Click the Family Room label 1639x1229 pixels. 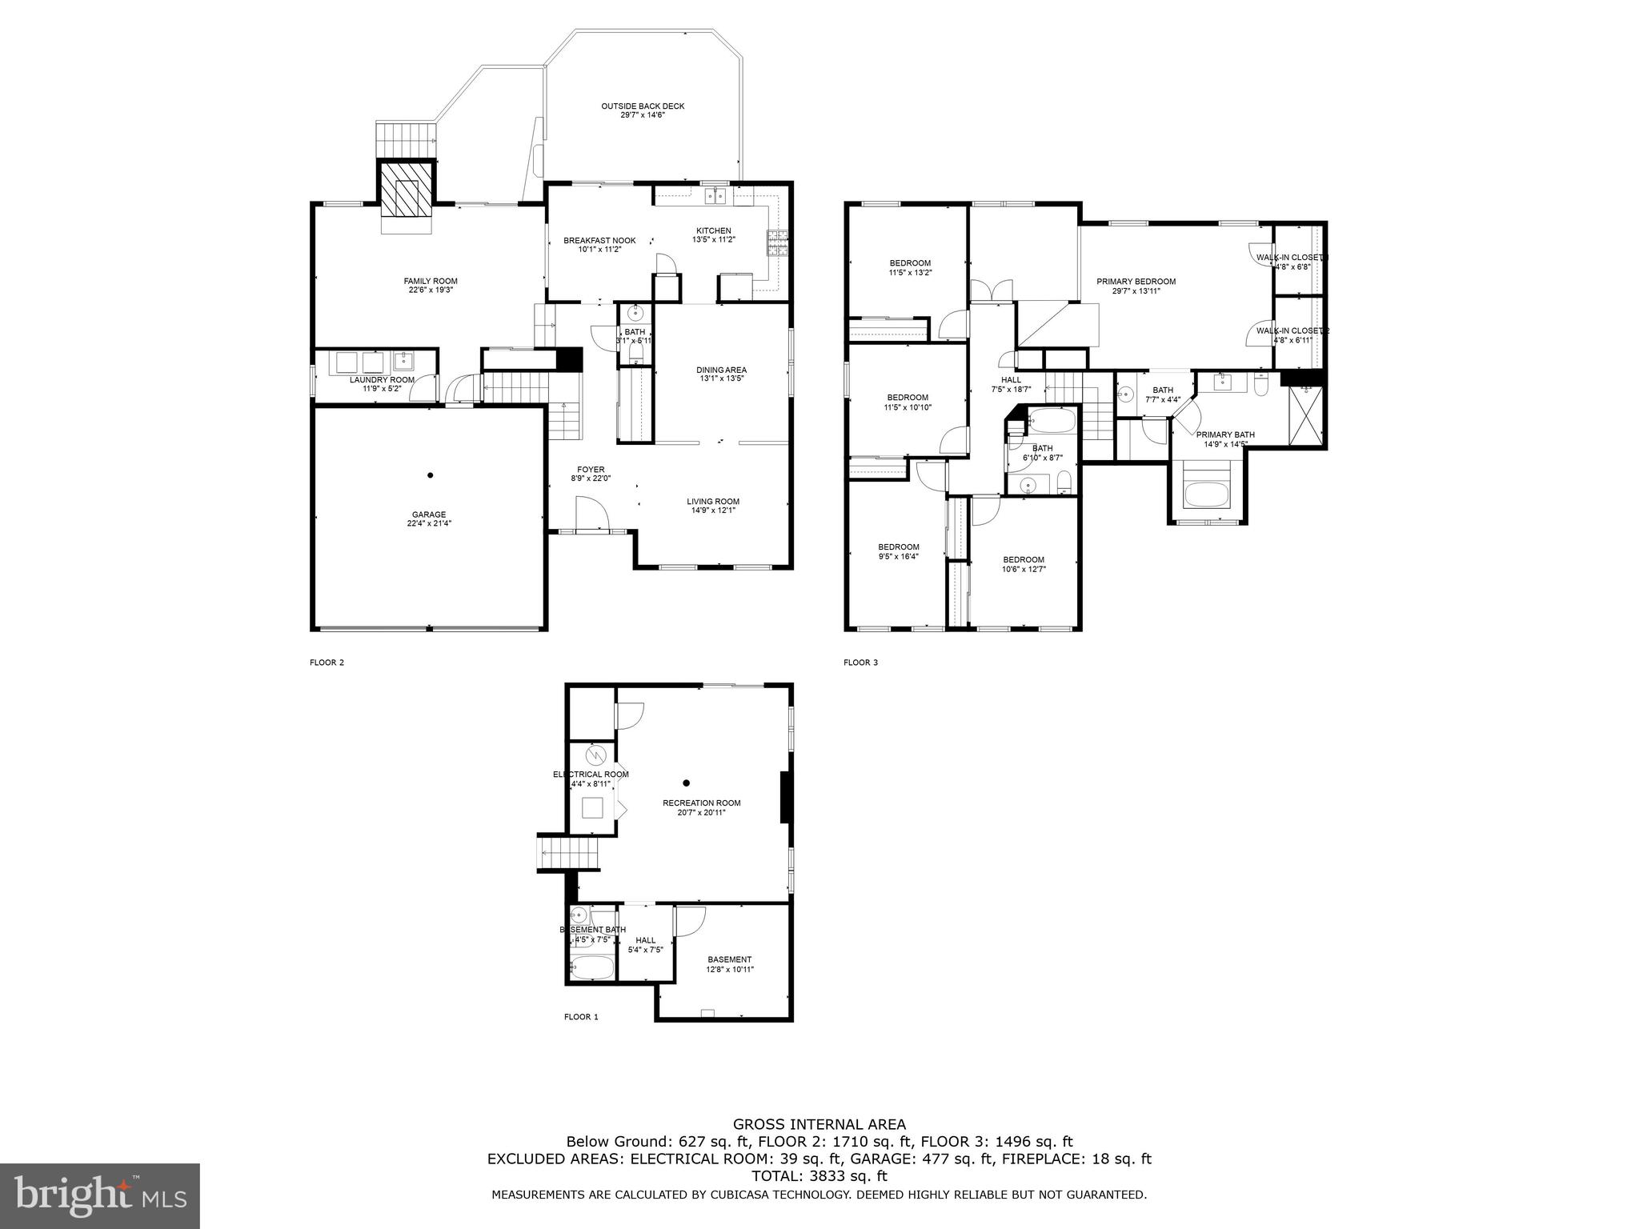[430, 281]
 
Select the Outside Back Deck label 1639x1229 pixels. [643, 106]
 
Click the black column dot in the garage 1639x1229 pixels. [431, 475]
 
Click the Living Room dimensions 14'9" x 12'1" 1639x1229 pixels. [712, 510]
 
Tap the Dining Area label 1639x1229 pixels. [721, 370]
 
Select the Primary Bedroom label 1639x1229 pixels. [1136, 282]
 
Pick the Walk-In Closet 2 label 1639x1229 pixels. [1292, 330]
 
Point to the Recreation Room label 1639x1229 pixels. [701, 803]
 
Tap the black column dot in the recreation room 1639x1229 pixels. [686, 783]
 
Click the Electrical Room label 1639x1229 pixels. [591, 775]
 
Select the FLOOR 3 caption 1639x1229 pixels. [860, 663]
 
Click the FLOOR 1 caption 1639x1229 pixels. [581, 1017]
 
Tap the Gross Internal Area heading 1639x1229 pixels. [819, 1124]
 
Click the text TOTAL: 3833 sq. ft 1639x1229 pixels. [819, 1175]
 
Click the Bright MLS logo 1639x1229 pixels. [100, 1195]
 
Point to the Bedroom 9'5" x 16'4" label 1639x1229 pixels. [898, 547]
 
